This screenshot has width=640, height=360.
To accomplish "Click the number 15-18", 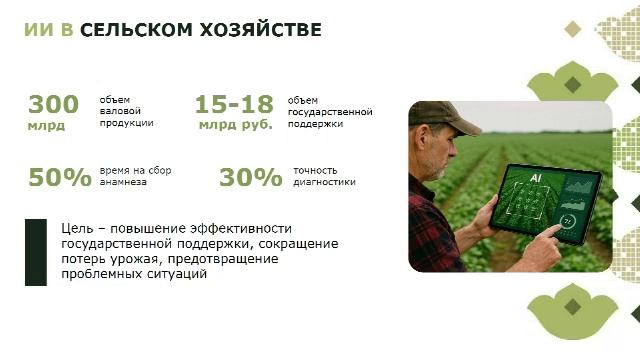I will click(233, 104).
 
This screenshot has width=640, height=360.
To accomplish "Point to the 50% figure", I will click(59, 178).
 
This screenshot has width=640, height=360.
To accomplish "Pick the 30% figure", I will click(250, 178).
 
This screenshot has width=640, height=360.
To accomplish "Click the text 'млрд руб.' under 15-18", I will click(236, 125).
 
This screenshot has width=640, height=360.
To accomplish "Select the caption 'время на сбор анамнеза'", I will click(135, 176).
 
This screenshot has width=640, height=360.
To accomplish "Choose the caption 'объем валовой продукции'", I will click(126, 111).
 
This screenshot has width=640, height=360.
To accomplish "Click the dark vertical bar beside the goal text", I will click(36, 251).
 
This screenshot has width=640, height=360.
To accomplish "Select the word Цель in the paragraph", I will click(78, 229).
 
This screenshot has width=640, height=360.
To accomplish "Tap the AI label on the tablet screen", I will click(535, 177).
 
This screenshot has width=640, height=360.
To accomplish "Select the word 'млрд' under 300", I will click(46, 126).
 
